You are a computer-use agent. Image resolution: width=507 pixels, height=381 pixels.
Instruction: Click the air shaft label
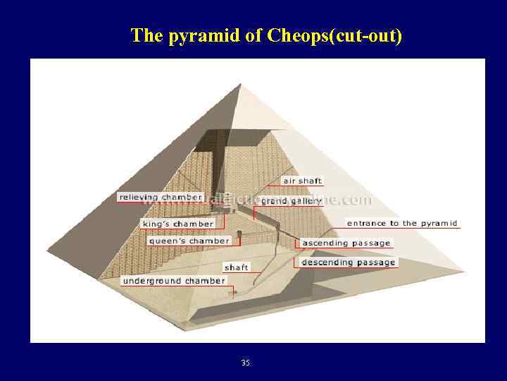pyautogui.click(x=302, y=181)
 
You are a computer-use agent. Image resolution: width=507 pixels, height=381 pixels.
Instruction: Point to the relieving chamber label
pyautogui.click(x=161, y=198)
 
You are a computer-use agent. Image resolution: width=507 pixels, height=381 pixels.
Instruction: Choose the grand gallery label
pyautogui.click(x=292, y=201)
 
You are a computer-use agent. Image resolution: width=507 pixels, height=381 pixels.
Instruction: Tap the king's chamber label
pyautogui.click(x=177, y=224)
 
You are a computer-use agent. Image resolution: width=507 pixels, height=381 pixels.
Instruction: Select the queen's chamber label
pyautogui.click(x=189, y=241)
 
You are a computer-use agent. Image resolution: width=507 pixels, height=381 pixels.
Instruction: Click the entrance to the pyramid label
pyautogui.click(x=402, y=224)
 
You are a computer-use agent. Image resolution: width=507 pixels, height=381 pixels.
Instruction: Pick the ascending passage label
pyautogui.click(x=346, y=243)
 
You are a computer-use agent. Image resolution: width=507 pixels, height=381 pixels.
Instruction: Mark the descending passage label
pyautogui.click(x=348, y=262)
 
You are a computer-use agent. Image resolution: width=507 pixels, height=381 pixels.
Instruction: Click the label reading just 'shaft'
pyautogui.click(x=236, y=267)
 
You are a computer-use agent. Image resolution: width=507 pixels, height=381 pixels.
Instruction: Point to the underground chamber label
pyautogui.click(x=173, y=281)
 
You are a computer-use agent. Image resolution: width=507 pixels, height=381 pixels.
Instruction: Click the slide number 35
pyautogui.click(x=245, y=363)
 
